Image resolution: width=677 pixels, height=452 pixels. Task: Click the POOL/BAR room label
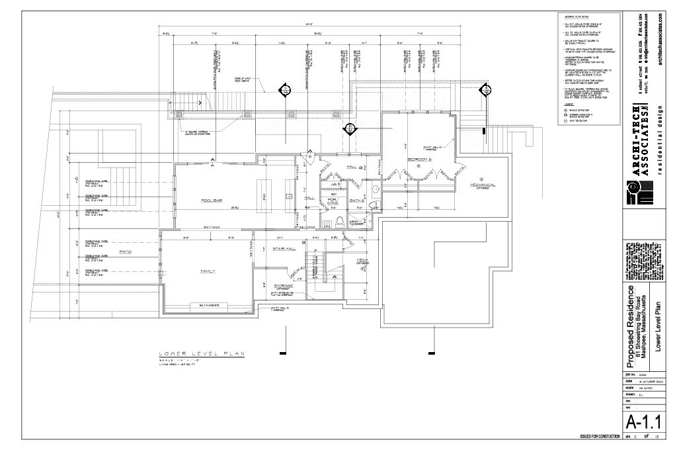tap(211, 200)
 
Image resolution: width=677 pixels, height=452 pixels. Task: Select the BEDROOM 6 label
tap(419, 160)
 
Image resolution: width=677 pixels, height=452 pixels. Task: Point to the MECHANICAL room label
tap(483, 185)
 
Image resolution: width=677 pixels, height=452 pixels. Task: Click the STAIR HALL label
tap(285, 249)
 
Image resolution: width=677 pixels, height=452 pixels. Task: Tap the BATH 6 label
tap(357, 200)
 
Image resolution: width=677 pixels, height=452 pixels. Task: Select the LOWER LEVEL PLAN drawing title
tap(201, 353)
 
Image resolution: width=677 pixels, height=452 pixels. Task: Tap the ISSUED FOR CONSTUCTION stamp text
tap(600, 437)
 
